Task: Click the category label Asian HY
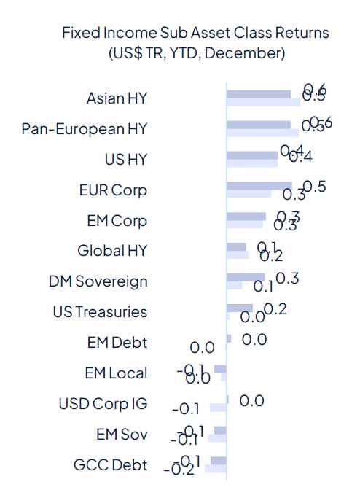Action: click(117, 98)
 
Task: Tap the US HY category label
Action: click(126, 160)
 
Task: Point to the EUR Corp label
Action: click(113, 190)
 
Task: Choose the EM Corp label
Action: click(117, 221)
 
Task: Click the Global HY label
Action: click(112, 251)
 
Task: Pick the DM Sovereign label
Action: click(98, 281)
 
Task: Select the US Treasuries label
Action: click(100, 312)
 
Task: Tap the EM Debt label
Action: click(116, 343)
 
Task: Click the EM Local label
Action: click(116, 373)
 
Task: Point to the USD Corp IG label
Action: click(103, 404)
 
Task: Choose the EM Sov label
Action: click(122, 435)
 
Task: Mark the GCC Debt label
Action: click(110, 465)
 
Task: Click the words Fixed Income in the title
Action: click(106, 34)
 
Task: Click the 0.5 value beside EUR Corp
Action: click(314, 186)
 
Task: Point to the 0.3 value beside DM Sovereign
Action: click(287, 278)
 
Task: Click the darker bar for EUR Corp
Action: click(259, 186)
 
